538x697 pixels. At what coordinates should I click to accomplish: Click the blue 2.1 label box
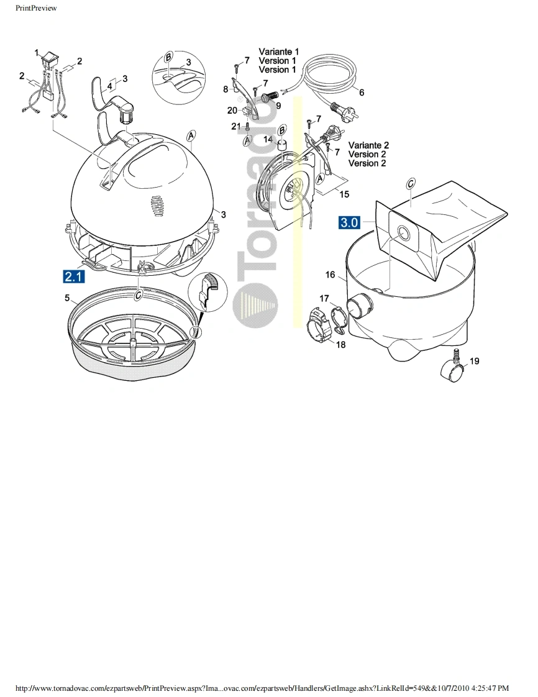coord(74,276)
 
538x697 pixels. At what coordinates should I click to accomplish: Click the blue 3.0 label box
coord(349,221)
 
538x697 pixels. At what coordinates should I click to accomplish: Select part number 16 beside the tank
coord(330,275)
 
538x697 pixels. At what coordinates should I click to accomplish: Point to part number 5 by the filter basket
coord(67,298)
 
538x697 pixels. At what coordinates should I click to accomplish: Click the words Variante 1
coord(279,52)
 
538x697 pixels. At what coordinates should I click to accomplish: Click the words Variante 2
coord(368,145)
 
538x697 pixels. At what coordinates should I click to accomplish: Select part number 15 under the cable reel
coord(344,194)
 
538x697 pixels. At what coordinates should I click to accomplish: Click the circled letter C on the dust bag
coord(411,184)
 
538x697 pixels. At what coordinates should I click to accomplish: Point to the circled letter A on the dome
coord(191,135)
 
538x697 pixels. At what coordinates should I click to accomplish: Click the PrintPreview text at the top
coord(36,8)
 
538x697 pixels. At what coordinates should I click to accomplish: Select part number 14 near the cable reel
coord(268,139)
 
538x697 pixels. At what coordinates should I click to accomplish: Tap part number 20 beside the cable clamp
coord(232,110)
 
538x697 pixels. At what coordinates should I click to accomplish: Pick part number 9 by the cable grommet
coord(278,106)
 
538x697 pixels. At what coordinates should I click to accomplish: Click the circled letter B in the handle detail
coord(168,57)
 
